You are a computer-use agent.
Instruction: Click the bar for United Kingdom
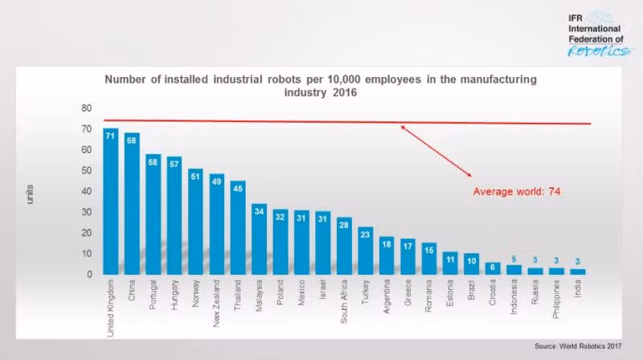110,201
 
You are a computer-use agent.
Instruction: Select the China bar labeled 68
132,204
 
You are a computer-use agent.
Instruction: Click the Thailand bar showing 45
238,228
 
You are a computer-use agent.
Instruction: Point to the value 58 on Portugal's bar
153,162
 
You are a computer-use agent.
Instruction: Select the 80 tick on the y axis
86,108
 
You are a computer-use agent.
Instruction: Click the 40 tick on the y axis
86,191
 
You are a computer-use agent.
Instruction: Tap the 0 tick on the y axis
88,275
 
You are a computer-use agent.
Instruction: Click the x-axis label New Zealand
217,303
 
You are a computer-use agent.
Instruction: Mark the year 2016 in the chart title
343,92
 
